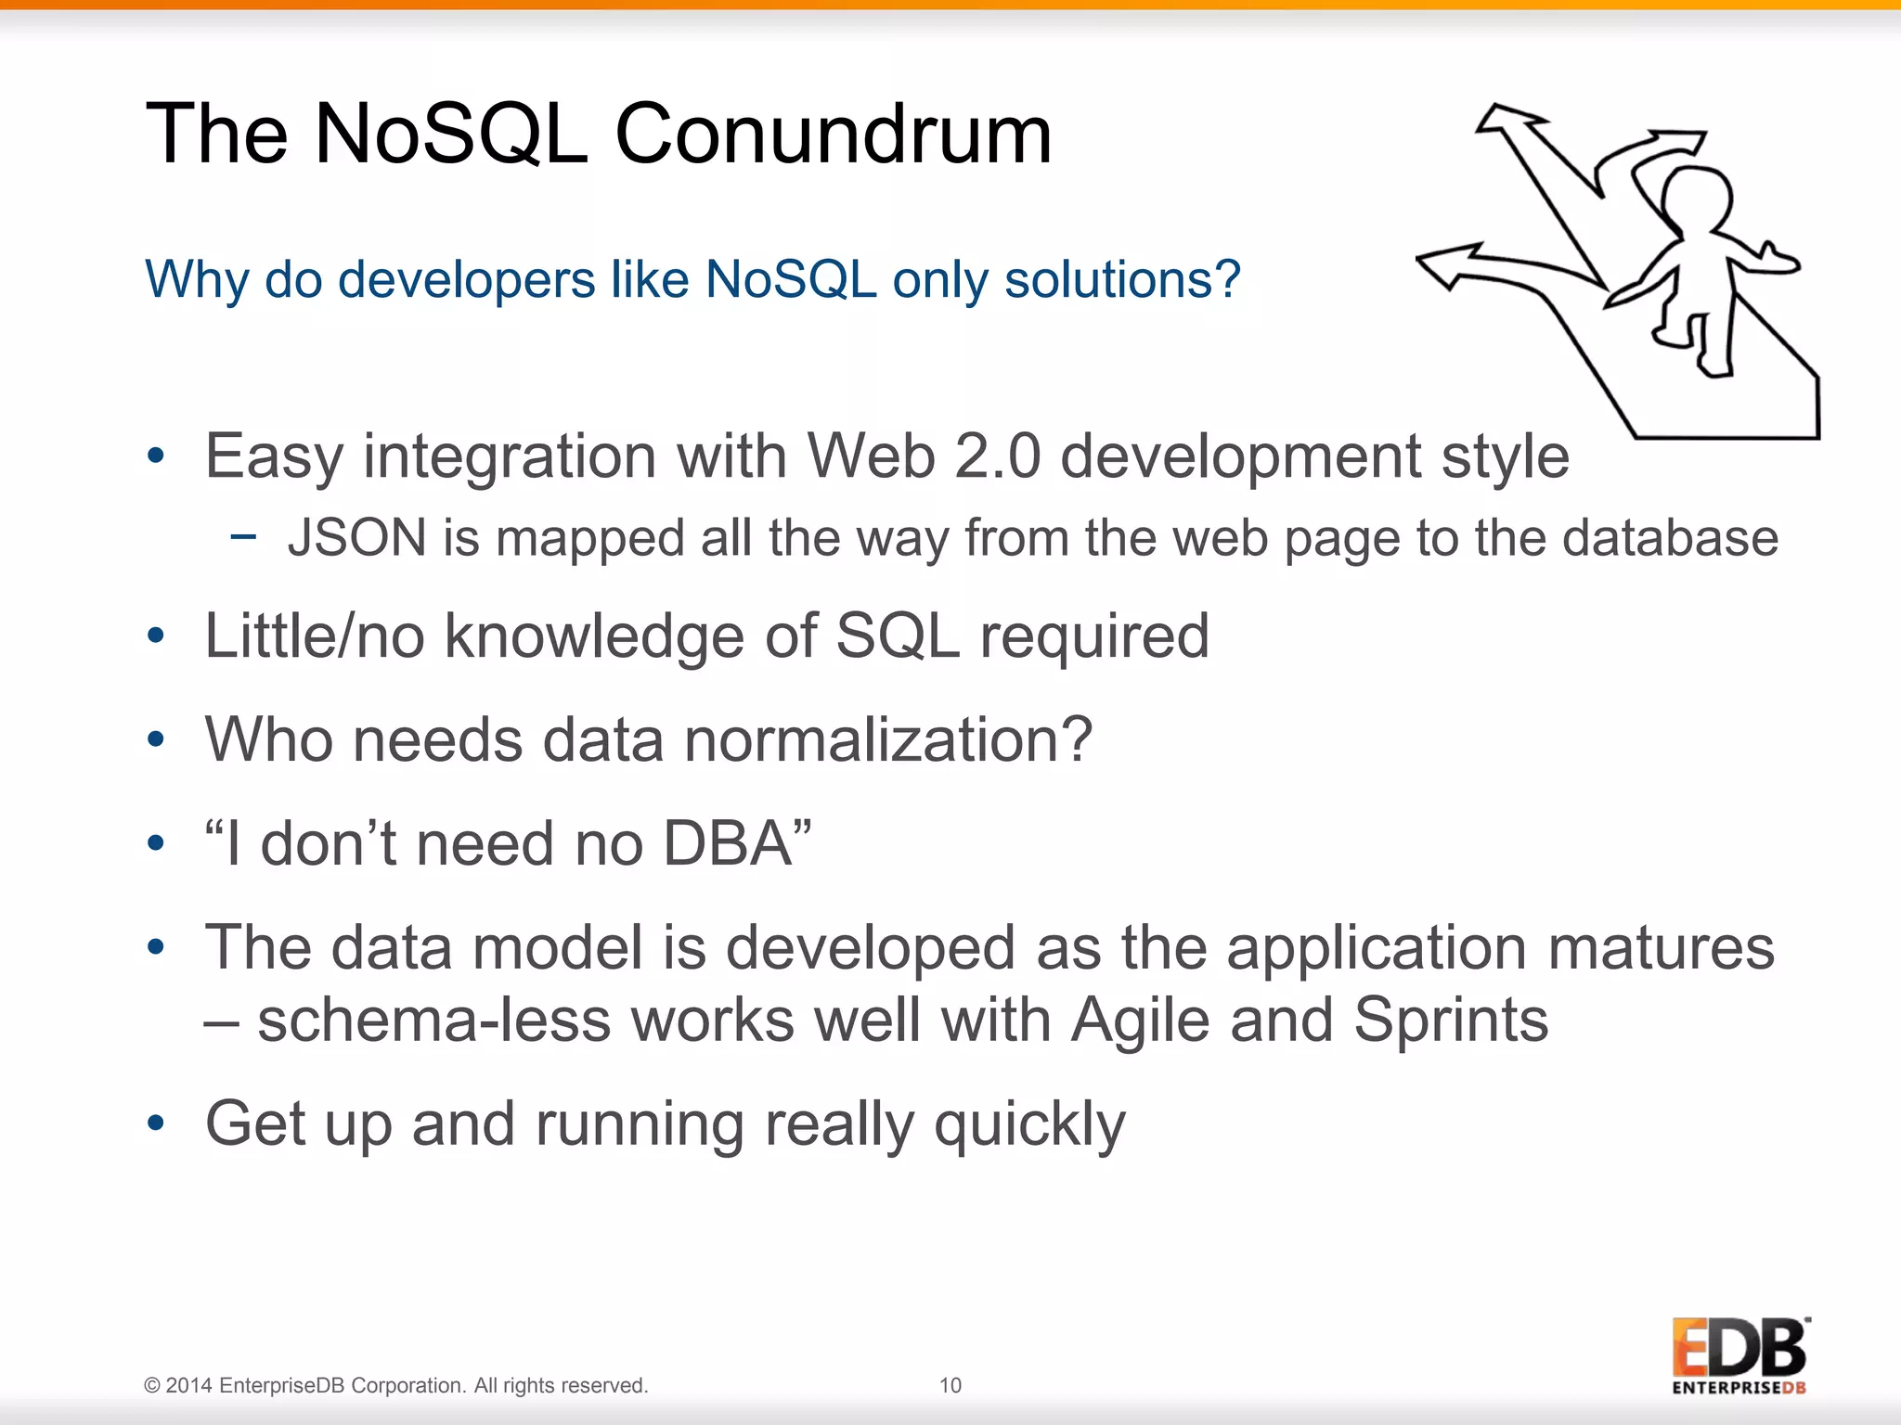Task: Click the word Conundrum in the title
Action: [833, 135]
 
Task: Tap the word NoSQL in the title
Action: [451, 135]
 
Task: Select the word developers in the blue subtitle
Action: [430, 279]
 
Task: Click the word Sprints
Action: [1450, 1021]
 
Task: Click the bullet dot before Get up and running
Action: [156, 1124]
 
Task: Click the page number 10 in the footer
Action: [950, 1385]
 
